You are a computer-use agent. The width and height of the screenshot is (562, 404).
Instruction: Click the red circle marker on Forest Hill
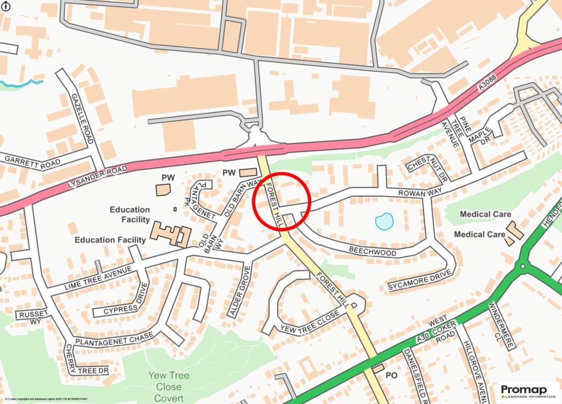282,201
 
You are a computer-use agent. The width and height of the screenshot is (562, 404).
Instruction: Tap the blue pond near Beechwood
384,221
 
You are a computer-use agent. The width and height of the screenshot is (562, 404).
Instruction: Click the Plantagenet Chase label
108,341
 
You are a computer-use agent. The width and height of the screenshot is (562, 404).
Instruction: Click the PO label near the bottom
391,376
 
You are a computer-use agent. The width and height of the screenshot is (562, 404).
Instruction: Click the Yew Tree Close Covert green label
168,386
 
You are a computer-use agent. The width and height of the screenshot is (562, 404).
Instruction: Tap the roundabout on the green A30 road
521,268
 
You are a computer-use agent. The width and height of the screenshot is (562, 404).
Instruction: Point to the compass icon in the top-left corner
5,5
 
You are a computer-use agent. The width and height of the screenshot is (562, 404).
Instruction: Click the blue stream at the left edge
22,84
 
